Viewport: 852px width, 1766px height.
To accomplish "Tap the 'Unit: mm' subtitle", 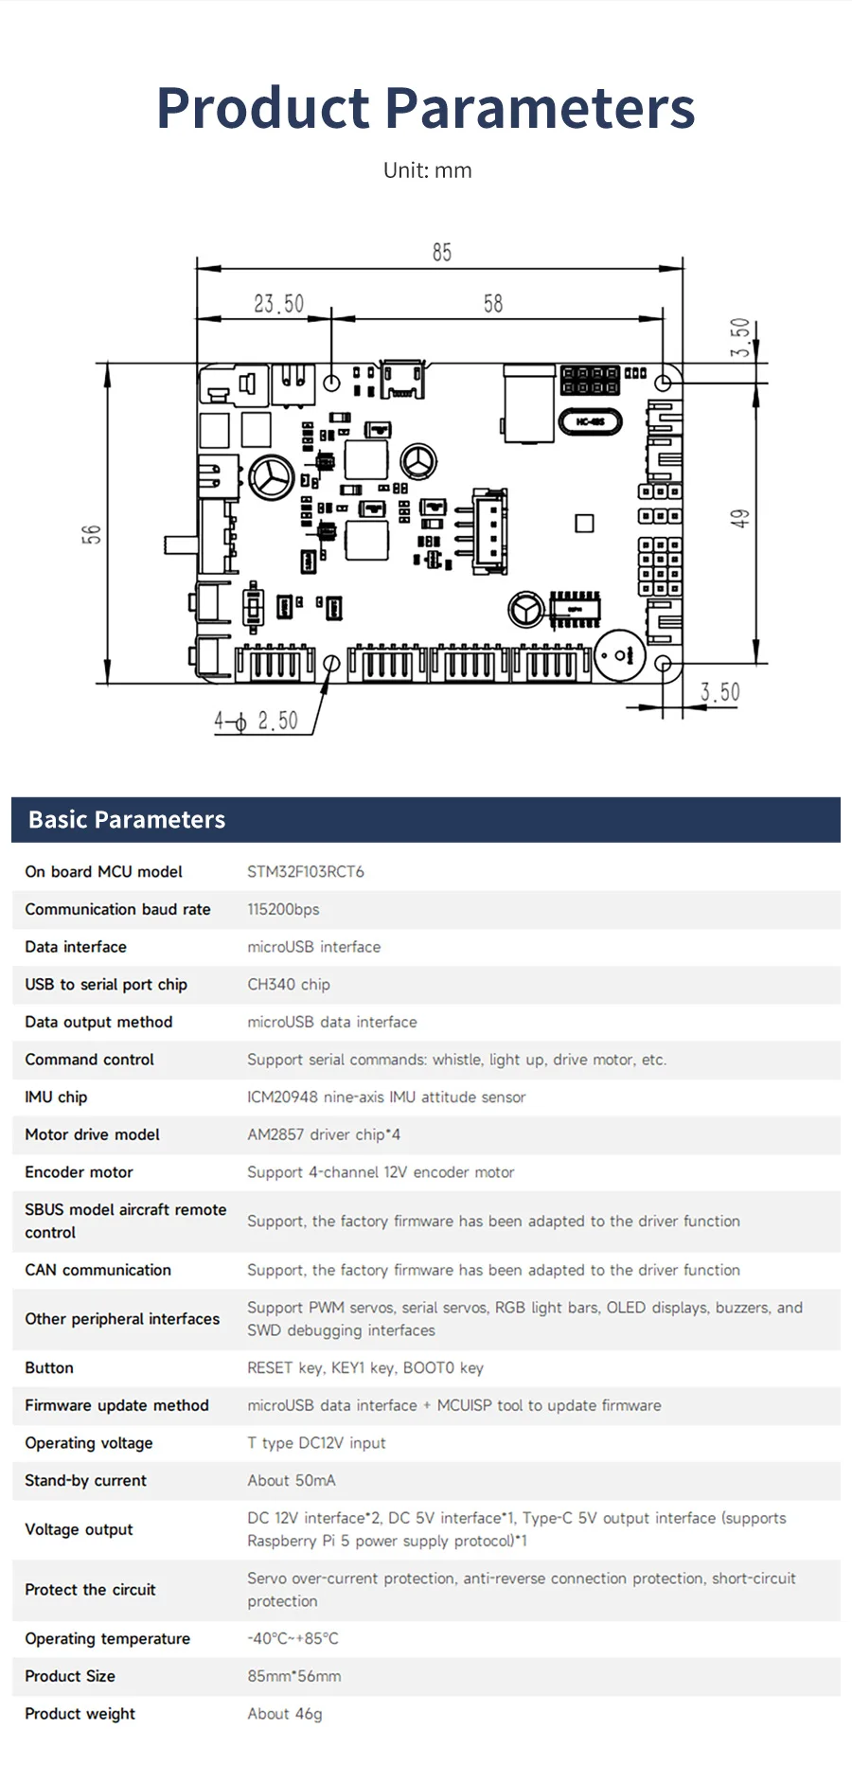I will [x=427, y=170].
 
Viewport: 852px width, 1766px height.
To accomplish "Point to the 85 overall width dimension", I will [x=442, y=253].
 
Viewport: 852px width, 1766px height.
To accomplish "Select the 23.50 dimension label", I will [x=278, y=304].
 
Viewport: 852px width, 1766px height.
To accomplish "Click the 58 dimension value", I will [x=493, y=304].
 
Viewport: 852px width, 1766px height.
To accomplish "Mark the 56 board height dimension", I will [x=91, y=534].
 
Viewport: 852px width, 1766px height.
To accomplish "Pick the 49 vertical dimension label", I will [x=740, y=518].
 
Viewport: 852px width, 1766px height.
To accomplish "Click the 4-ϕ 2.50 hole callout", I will [x=256, y=722].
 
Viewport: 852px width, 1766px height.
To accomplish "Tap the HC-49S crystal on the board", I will [x=590, y=421].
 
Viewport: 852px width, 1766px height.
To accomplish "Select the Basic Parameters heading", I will [x=127, y=820].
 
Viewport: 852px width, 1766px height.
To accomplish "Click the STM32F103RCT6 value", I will [x=306, y=871].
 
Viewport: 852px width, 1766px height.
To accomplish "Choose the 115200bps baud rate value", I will [x=283, y=909].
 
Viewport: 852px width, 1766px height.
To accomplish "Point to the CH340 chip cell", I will [x=289, y=984].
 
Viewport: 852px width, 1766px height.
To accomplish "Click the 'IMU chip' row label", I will [x=56, y=1097].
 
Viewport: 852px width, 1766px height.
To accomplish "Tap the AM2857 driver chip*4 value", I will [x=324, y=1134].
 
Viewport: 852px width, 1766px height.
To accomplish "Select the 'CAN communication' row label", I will [x=98, y=1270].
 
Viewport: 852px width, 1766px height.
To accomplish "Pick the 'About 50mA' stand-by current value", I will [x=292, y=1480].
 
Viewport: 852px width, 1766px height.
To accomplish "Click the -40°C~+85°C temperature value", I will [x=293, y=1638].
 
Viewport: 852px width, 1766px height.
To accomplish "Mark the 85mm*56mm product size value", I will [x=294, y=1676].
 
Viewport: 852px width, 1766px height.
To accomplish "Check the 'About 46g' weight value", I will [x=285, y=1714].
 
